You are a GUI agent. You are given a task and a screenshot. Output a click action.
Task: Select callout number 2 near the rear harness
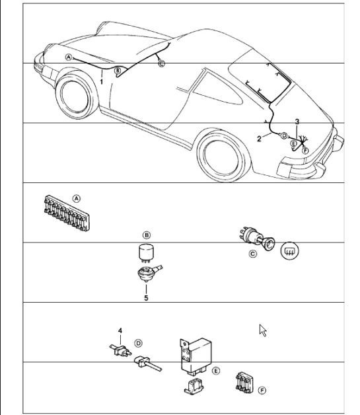pyautogui.click(x=260, y=139)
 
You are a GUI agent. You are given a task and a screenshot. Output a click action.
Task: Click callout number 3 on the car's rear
pyautogui.click(x=297, y=122)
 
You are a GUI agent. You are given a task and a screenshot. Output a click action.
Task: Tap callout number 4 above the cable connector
pyautogui.click(x=120, y=330)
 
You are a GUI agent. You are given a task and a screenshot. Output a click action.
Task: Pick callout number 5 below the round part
pyautogui.click(x=147, y=298)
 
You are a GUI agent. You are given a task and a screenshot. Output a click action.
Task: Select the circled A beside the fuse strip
pyautogui.click(x=77, y=198)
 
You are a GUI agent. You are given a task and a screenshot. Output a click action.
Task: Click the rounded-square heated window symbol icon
pyautogui.click(x=289, y=251)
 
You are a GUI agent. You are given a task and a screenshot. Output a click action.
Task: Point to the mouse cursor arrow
pyautogui.click(x=262, y=330)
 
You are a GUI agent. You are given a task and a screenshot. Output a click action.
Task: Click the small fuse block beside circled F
pyautogui.click(x=245, y=384)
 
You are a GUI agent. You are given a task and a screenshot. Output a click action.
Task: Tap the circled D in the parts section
pyautogui.click(x=137, y=343)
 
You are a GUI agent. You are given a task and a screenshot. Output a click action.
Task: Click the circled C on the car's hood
pyautogui.click(x=162, y=63)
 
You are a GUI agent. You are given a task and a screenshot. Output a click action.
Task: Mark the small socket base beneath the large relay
pyautogui.click(x=193, y=387)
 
